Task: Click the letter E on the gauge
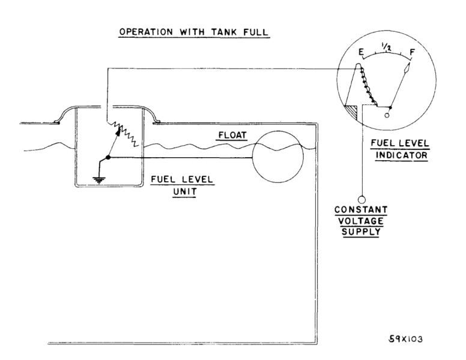360,52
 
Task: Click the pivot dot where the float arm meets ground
108,157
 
